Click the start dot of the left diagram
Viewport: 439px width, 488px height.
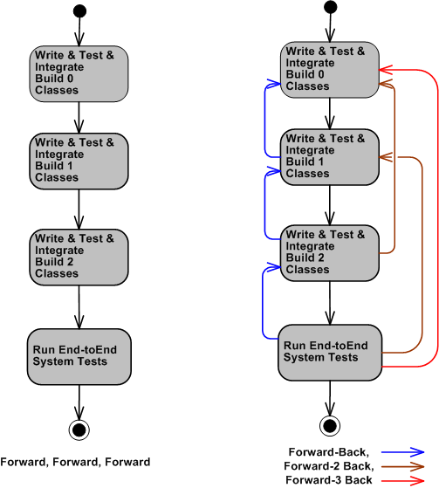[79, 11]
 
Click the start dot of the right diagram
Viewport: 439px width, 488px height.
[330, 8]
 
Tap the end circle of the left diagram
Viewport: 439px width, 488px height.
[79, 428]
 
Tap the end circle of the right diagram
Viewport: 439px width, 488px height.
[330, 425]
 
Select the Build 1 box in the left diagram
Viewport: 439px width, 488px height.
[79, 160]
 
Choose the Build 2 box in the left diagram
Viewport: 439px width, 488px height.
[79, 256]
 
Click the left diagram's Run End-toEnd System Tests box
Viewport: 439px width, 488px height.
[79, 355]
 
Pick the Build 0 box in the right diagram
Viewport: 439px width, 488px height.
[330, 69]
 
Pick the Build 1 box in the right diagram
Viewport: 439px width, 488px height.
[330, 156]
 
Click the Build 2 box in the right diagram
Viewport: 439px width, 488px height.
[330, 252]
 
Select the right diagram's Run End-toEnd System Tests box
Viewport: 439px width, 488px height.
[330, 352]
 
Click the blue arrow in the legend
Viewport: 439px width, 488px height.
[406, 452]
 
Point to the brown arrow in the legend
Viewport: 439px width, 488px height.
[406, 466]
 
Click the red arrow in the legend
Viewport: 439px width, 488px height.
[406, 480]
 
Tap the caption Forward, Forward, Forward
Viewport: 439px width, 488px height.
[75, 462]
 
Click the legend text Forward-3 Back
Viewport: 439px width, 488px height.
[329, 480]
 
